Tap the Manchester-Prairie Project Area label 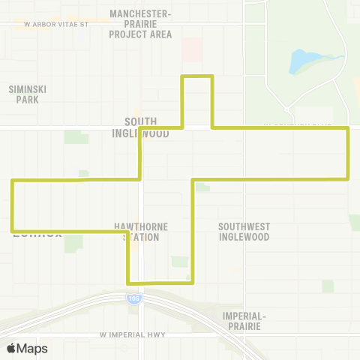point(140,24)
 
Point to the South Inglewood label point(141,127)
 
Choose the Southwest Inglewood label point(243,232)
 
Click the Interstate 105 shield point(133,298)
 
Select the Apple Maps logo point(26,348)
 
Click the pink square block point(193,50)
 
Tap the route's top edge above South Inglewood point(198,76)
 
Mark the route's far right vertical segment point(347,154)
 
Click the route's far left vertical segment point(12,205)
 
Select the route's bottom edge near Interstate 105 point(161,283)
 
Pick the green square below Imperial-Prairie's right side point(328,286)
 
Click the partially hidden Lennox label point(36,233)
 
